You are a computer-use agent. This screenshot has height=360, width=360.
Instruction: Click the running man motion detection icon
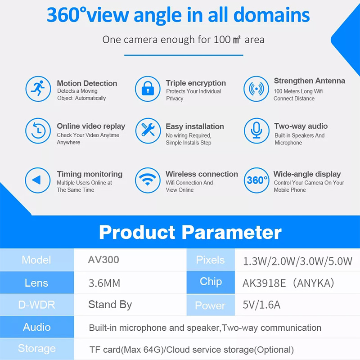38,89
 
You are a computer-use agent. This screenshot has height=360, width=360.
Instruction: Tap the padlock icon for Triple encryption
148,89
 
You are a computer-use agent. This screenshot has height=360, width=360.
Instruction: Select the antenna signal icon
256,89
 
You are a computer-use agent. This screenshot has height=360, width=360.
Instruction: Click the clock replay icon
38,131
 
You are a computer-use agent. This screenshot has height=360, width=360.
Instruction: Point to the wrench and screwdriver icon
148,130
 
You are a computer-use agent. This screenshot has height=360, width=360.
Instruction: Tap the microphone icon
256,130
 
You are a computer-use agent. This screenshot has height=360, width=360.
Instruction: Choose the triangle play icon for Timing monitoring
38,180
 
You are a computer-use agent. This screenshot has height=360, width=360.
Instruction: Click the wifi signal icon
148,180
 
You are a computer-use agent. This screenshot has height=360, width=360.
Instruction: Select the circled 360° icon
256,180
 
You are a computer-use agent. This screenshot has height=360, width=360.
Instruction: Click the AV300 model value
103,260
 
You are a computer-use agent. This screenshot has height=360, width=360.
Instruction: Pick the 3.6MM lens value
104,283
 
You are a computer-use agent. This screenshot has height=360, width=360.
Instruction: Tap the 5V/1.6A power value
261,305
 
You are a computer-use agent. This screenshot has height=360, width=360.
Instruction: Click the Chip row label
211,282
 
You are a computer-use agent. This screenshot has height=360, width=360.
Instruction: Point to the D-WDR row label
37,305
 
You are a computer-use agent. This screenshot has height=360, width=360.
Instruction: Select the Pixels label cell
210,260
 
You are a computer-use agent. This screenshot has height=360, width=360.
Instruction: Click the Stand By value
110,305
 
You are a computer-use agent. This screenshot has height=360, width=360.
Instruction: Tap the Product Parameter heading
190,232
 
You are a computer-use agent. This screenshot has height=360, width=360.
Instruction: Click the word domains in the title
272,15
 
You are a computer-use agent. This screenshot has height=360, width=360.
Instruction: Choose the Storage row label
37,348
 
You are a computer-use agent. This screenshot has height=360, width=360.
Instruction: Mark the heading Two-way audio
301,126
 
